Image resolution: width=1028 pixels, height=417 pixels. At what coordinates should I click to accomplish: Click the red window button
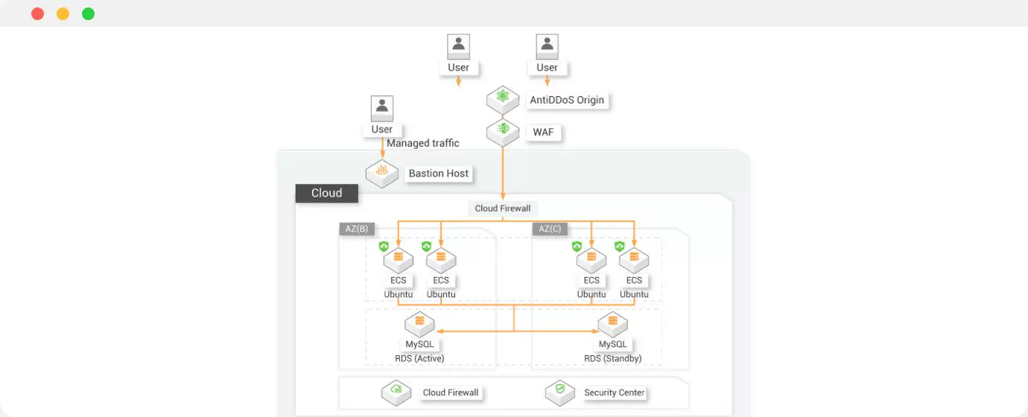[37, 13]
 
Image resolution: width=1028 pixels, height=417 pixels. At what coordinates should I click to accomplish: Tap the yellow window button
[63, 13]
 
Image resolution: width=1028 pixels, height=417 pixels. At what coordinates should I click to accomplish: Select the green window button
[88, 13]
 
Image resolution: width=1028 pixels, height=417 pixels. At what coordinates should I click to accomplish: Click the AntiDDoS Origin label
[567, 100]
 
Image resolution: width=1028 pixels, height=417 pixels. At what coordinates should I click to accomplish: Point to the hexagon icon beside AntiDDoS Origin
[503, 98]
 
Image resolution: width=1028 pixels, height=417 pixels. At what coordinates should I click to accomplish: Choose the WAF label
[543, 133]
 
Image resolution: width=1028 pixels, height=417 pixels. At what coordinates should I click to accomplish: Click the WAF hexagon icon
[503, 130]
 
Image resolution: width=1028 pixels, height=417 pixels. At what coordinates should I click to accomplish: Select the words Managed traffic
[423, 143]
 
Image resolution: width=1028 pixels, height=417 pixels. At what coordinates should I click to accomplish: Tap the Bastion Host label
[438, 174]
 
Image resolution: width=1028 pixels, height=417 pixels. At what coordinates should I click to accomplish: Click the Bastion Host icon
[382, 172]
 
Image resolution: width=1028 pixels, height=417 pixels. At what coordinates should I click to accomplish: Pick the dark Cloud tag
[326, 194]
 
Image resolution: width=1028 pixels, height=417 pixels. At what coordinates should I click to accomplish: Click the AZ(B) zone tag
[357, 229]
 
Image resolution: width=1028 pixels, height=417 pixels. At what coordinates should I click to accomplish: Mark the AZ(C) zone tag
[550, 229]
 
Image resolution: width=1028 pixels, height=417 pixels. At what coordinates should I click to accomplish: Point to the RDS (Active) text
[419, 358]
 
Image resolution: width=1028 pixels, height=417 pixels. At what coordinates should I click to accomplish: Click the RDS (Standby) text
[613, 358]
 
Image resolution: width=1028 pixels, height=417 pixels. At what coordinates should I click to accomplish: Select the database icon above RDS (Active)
[419, 323]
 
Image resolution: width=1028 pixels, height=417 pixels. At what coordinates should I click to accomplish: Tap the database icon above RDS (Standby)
[613, 323]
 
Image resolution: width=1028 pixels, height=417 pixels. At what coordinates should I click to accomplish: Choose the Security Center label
[615, 392]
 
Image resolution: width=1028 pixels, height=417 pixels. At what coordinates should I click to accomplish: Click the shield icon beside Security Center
[560, 391]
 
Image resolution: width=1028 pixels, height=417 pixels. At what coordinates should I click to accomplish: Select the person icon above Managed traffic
[382, 108]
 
